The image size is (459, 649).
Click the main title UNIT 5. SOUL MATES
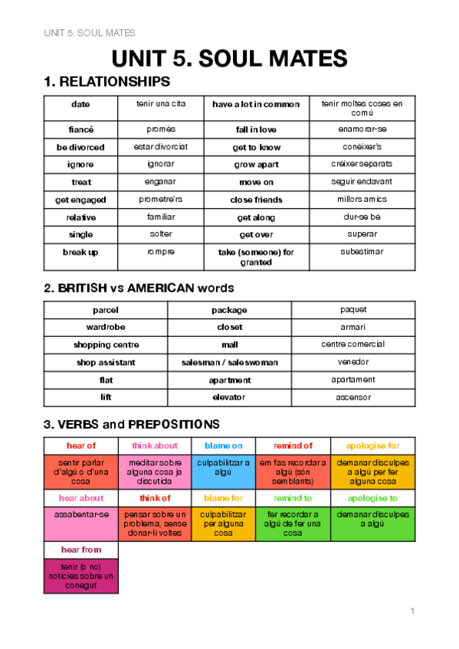229,59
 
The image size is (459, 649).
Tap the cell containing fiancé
80,129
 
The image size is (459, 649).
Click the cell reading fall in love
256,129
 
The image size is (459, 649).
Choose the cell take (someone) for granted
256,256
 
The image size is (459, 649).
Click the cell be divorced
80,147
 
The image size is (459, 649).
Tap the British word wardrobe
105,328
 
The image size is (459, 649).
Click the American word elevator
228,397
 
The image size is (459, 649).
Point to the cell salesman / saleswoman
229,362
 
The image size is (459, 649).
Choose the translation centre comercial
352,344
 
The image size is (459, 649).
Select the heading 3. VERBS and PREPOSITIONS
132,424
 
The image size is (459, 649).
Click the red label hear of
80,445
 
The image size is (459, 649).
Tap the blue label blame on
223,445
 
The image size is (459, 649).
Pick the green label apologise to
372,497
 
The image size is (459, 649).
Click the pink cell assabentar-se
81,514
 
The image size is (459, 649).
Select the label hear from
80,550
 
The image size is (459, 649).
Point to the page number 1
412,611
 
